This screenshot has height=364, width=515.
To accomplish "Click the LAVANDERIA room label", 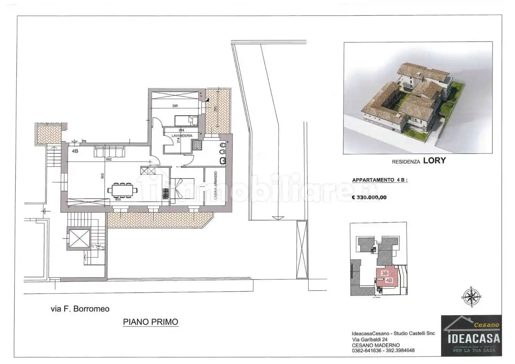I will (182, 136).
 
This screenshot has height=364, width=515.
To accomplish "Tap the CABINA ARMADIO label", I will (216, 185).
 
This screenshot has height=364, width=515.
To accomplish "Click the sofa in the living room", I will (109, 151).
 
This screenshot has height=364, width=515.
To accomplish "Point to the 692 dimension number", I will (109, 159).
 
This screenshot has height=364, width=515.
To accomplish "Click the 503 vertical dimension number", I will (102, 176).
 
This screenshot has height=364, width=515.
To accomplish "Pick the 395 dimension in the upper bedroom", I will (175, 106).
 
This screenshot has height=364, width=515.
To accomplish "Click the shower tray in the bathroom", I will (197, 145).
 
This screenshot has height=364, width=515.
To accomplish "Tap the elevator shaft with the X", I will (79, 238).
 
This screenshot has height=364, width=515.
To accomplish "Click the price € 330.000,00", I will (369, 197).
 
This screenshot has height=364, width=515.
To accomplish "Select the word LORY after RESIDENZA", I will (434, 161).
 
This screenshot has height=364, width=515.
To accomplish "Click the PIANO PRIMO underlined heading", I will (151, 322).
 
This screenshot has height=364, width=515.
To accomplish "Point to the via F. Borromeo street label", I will (80, 309).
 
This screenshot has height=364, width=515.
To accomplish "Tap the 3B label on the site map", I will (384, 273).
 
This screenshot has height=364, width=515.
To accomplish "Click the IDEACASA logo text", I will (473, 338).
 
